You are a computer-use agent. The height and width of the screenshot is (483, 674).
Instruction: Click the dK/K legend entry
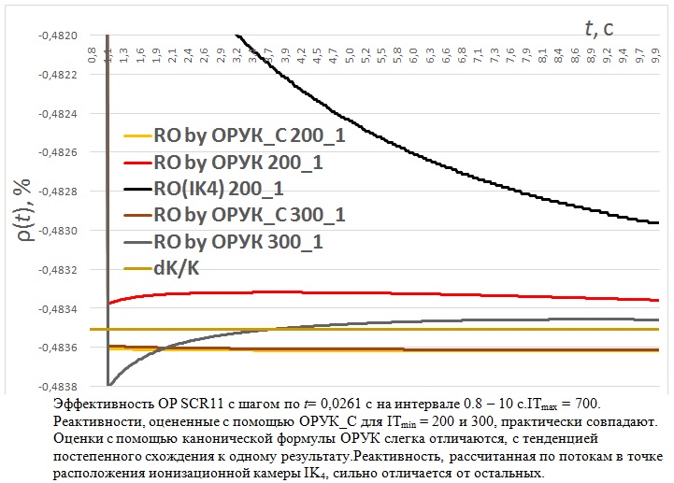coord(177,268)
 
